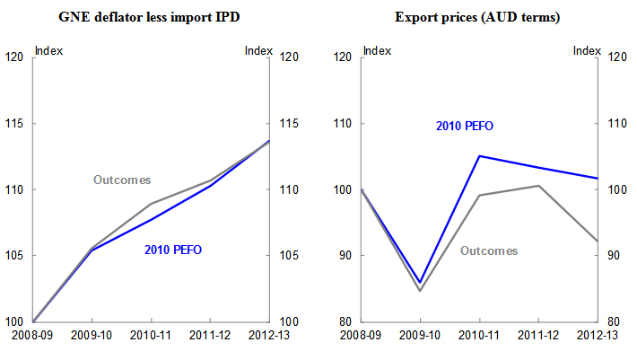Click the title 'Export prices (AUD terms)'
click(480, 15)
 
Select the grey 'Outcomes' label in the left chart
click(122, 180)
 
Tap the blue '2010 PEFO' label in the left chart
click(173, 249)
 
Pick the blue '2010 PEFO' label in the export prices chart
click(465, 127)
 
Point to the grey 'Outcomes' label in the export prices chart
click(489, 250)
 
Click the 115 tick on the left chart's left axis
click(15, 123)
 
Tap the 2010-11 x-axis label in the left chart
click(151, 336)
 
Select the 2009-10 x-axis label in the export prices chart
click(420, 336)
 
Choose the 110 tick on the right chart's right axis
click(615, 123)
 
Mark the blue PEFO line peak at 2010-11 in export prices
click(480, 156)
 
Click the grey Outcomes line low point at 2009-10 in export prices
click(421, 291)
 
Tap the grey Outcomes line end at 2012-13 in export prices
click(598, 241)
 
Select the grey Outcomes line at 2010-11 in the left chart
click(151, 204)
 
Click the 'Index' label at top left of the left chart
click(48, 50)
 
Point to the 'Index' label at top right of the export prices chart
click(587, 50)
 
